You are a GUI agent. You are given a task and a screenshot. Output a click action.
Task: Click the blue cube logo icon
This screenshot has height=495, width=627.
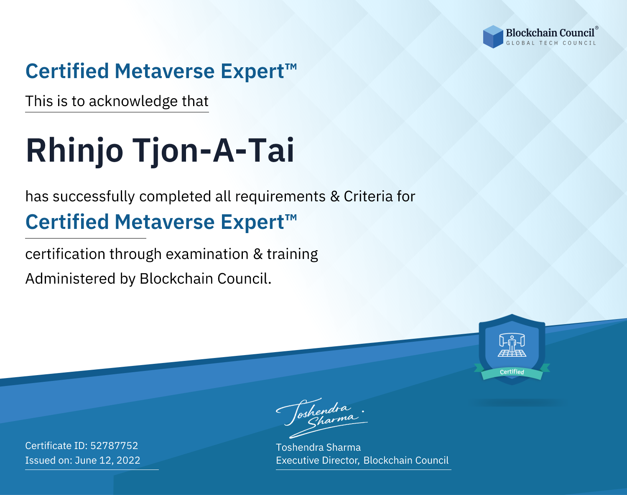(x=493, y=37)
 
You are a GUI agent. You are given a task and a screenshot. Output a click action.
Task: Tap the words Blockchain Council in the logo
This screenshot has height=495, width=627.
(x=550, y=33)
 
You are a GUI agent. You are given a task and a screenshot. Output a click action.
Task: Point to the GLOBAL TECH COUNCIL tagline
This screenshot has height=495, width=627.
(x=551, y=43)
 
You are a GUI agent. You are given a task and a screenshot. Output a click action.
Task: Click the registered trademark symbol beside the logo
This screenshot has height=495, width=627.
(x=596, y=28)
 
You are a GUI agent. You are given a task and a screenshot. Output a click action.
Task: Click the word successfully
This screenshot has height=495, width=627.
(x=94, y=197)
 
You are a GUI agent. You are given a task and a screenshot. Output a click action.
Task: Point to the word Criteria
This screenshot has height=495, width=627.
(x=368, y=196)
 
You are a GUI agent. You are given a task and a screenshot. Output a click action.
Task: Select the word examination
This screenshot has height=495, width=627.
(x=207, y=254)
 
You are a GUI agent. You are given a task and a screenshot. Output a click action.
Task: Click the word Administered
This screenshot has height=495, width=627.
(x=71, y=278)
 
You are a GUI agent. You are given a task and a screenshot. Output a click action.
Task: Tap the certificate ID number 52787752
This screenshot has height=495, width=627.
(x=114, y=445)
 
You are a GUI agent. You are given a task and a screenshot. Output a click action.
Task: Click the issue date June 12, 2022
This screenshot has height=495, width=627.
(x=107, y=460)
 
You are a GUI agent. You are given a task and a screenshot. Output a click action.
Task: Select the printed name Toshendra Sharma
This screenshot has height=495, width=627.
(x=318, y=447)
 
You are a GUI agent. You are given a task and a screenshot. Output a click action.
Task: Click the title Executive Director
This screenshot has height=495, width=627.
(x=317, y=460)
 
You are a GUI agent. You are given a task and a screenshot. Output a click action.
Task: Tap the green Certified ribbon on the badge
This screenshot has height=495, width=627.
(x=512, y=372)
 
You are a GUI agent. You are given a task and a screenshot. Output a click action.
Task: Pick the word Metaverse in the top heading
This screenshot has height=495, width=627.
(x=165, y=71)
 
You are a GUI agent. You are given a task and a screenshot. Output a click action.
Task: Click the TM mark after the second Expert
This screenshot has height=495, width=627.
(x=291, y=217)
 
